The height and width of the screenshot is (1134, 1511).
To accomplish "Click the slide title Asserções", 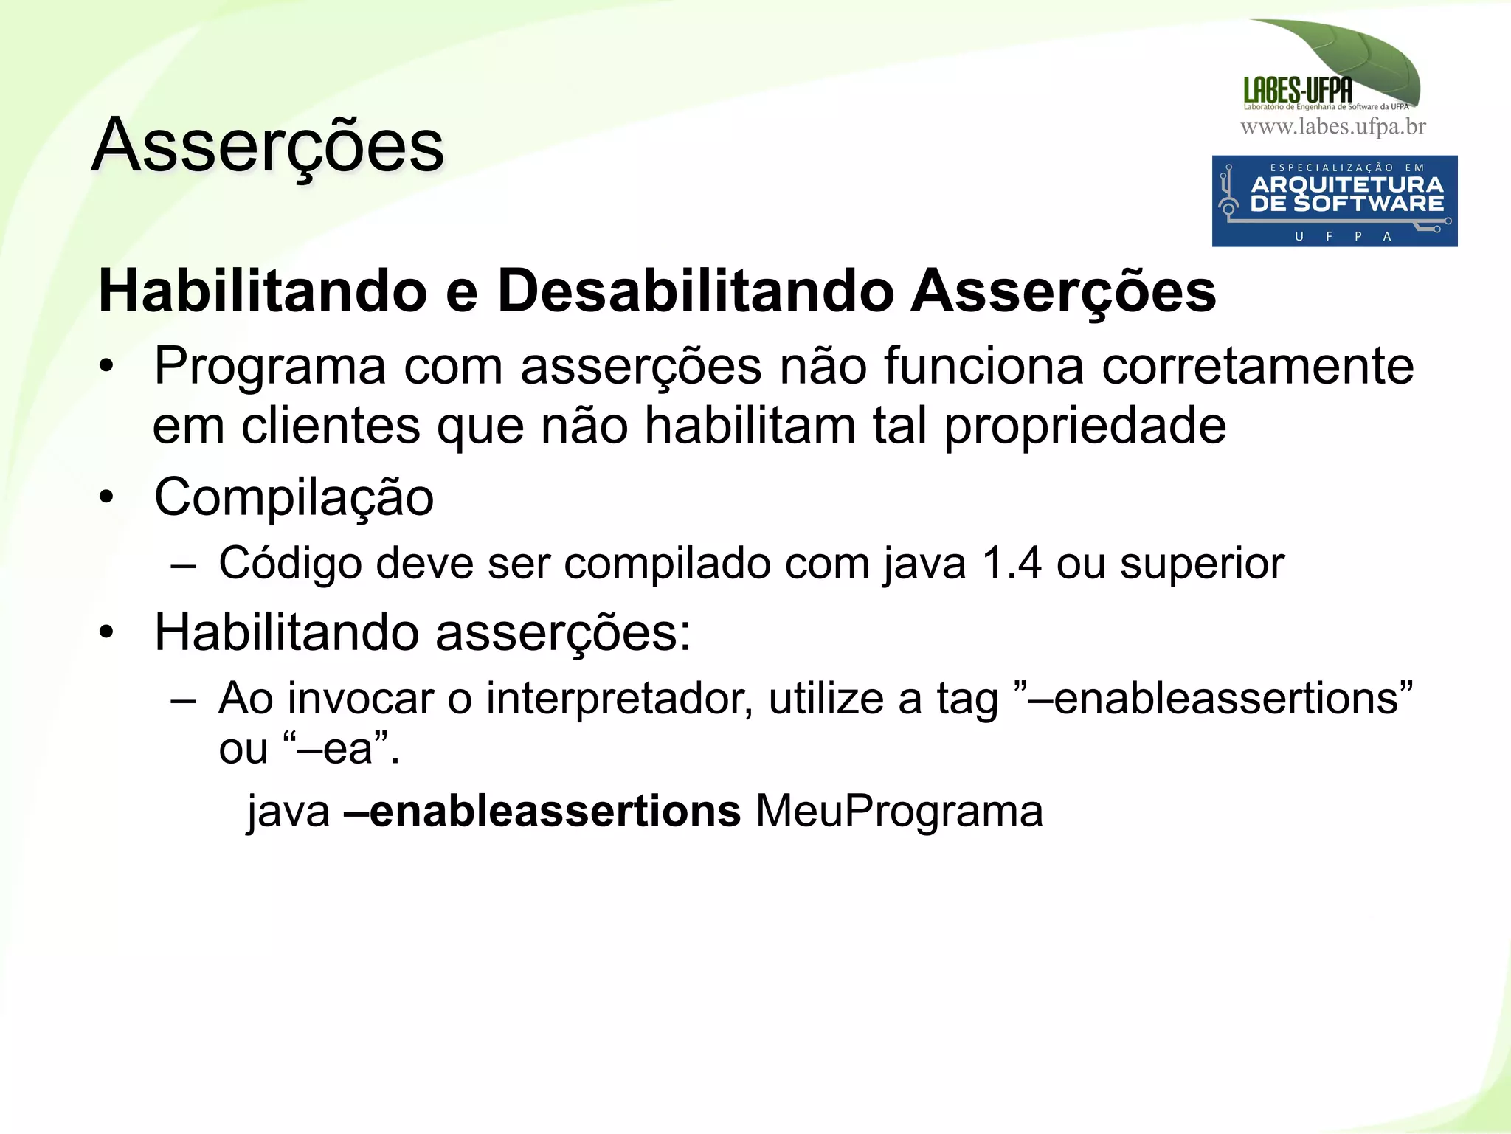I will pos(267,146).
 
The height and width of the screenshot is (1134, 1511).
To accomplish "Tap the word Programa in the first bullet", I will pos(270,367).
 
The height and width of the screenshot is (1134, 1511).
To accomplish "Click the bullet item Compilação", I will pos(294,497).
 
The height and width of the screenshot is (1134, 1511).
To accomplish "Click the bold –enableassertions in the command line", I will pos(542,812).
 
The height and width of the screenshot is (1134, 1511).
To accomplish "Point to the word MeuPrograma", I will pos(899,812).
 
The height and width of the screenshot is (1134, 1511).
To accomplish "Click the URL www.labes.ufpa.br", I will pos(1332,127).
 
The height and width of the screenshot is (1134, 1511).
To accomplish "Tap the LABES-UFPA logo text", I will pos(1298,91).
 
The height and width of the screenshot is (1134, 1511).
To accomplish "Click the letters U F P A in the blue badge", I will pos(1344,236).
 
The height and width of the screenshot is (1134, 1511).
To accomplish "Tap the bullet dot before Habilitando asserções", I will pos(107,632).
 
